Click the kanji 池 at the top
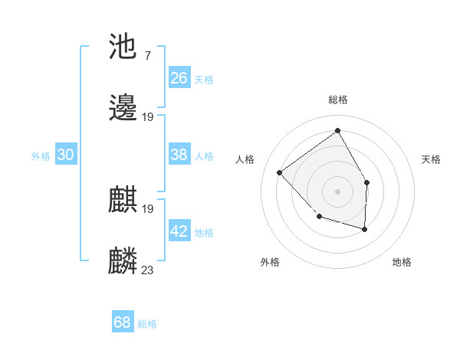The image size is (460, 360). [x=123, y=48]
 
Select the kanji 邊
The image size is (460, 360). [x=123, y=110]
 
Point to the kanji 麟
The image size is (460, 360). [x=123, y=261]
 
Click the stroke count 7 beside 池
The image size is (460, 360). [x=146, y=56]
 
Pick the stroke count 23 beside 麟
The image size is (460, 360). [x=148, y=270]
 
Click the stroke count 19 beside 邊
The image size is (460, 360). [x=148, y=117]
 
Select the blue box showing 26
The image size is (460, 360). [x=179, y=78]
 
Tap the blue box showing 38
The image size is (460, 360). [x=179, y=155]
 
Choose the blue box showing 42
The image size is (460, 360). [x=179, y=231]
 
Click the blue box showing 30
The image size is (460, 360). [x=66, y=155]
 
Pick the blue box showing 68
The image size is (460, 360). [x=123, y=322]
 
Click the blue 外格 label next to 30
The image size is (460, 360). [x=41, y=156]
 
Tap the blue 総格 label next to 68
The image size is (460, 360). [x=147, y=324]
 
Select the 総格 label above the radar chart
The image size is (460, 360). [x=337, y=100]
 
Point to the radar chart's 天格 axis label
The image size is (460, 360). [x=431, y=159]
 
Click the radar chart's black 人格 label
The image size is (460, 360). [x=245, y=159]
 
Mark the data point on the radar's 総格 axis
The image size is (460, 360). [x=337, y=130]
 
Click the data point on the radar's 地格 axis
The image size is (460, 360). [x=365, y=229]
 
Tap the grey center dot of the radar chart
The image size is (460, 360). [x=337, y=191]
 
